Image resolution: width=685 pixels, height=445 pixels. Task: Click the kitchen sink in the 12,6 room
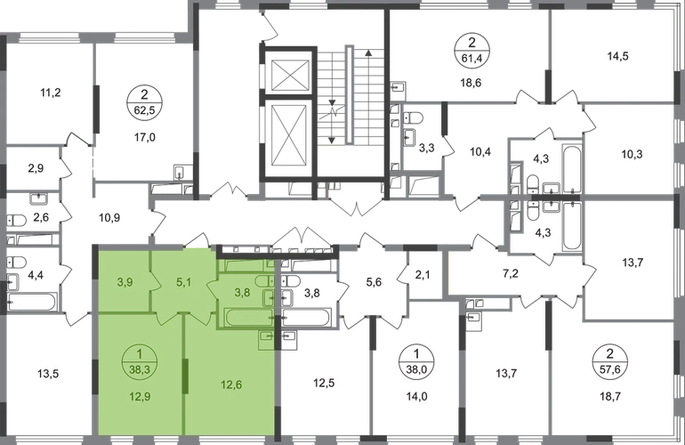pos(266,337)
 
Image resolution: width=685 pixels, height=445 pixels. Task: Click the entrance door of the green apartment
pos(197,244)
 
